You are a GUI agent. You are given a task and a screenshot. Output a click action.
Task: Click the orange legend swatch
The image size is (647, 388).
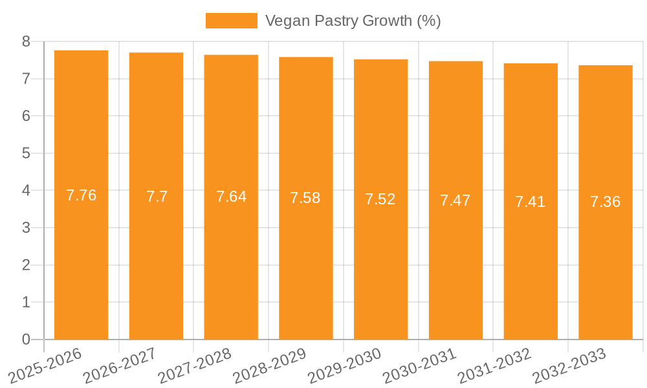click(231, 21)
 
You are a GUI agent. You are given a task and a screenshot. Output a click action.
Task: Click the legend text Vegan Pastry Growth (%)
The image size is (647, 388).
click(353, 21)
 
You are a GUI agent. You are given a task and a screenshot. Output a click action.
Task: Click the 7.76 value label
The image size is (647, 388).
click(82, 195)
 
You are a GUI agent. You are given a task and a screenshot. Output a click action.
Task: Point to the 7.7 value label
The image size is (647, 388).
click(157, 197)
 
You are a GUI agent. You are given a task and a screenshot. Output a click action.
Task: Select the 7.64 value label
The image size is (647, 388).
click(231, 197)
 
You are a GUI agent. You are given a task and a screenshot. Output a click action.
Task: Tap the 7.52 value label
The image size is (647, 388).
click(380, 199)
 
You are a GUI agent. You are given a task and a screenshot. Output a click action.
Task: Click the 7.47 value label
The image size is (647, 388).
click(455, 200)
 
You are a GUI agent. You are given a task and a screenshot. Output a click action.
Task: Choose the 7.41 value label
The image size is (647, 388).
click(531, 202)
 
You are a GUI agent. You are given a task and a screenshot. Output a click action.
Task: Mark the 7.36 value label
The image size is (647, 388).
click(606, 202)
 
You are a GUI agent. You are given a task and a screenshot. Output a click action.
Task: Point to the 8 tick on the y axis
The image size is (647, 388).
click(26, 41)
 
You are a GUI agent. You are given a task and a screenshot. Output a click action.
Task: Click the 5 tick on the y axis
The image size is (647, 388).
click(26, 153)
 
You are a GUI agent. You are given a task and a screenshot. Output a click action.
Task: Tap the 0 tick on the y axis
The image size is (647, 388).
click(26, 339)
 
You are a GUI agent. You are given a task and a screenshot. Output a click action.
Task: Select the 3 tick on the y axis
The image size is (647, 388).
click(26, 228)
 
